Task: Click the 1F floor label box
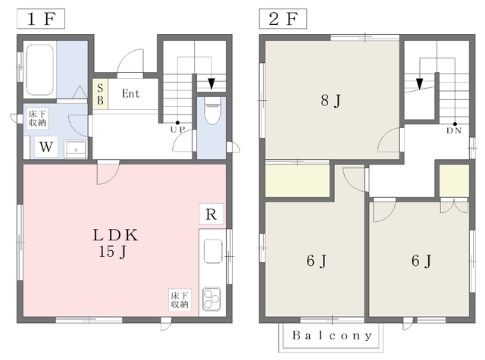[41, 19]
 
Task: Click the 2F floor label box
[283, 19]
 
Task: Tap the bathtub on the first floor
[40, 69]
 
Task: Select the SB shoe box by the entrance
[100, 94]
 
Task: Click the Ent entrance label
[130, 93]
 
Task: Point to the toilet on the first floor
[212, 111]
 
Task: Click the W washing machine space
[45, 146]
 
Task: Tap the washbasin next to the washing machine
[76, 149]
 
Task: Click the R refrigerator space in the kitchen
[211, 214]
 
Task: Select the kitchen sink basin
[213, 251]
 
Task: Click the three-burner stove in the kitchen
[211, 299]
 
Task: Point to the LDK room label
[115, 235]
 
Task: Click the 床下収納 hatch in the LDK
[180, 299]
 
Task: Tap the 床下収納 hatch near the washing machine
[37, 117]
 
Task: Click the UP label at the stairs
[177, 130]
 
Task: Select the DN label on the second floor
[454, 130]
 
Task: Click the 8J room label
[331, 101]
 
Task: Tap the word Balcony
[332, 336]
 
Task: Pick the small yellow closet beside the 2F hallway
[454, 180]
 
